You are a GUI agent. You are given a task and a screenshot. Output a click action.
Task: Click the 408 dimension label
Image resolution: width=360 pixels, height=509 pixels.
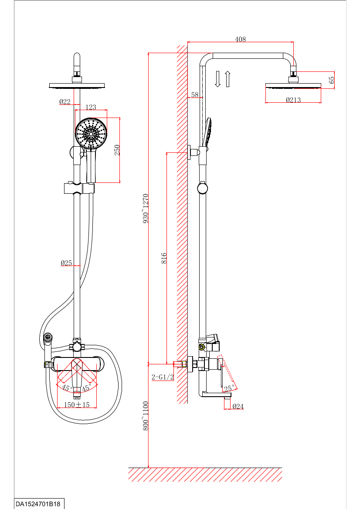click(x=240, y=39)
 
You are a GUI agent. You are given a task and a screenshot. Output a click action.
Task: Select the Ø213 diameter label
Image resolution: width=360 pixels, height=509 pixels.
click(x=293, y=100)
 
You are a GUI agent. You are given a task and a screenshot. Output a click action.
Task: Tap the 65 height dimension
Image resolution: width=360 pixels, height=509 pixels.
click(x=332, y=80)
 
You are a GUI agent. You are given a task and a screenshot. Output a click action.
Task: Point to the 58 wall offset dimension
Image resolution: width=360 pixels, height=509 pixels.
click(x=195, y=94)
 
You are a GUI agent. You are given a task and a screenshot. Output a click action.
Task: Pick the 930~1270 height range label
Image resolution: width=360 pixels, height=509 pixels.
click(x=146, y=209)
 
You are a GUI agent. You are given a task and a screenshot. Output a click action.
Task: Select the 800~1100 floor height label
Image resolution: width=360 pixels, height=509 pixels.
click(x=146, y=416)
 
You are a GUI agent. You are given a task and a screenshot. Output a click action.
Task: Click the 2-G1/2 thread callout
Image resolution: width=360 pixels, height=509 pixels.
click(x=162, y=377)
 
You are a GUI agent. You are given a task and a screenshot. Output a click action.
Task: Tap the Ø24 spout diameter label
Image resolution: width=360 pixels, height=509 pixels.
click(x=238, y=406)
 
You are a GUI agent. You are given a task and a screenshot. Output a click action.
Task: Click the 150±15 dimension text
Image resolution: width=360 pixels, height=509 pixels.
click(x=77, y=405)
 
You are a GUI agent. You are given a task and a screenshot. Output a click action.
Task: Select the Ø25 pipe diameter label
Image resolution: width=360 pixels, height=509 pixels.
click(x=66, y=263)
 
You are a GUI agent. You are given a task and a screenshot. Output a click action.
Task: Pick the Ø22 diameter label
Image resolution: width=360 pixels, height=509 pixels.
click(x=65, y=102)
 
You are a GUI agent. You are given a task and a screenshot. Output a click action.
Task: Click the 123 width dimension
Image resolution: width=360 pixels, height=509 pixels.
click(x=91, y=107)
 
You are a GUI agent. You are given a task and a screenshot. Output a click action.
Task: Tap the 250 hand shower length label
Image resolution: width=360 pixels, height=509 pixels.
click(x=117, y=150)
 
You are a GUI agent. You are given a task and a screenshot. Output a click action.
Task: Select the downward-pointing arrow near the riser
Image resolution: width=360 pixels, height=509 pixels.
click(x=218, y=79)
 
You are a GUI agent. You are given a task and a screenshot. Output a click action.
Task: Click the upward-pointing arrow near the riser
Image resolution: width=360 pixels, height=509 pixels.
click(x=227, y=79)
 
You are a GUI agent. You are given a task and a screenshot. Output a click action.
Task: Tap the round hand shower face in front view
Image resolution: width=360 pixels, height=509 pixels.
click(x=91, y=134)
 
